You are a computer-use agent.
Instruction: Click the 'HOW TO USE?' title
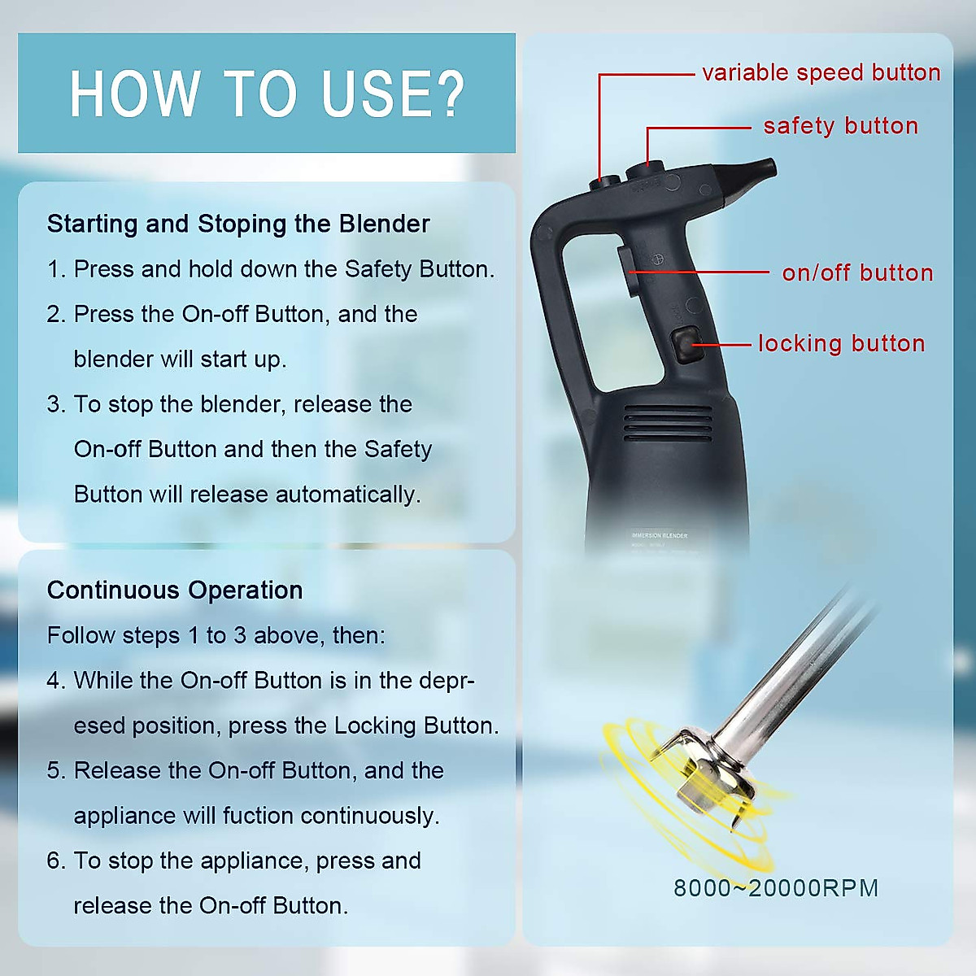click(267, 94)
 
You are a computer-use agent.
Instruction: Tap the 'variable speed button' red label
click(821, 72)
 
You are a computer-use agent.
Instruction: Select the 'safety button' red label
click(840, 126)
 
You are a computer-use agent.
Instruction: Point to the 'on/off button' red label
click(857, 272)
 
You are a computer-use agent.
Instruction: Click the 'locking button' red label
click(841, 343)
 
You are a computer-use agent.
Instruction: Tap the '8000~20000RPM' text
click(776, 887)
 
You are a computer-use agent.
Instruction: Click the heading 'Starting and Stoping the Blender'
click(238, 224)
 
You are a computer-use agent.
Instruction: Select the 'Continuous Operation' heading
click(175, 590)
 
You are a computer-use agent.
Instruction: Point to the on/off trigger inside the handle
click(627, 272)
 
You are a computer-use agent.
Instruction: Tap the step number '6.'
click(56, 861)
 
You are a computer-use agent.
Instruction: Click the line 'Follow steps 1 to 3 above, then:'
click(216, 635)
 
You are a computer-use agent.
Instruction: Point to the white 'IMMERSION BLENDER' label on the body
click(660, 535)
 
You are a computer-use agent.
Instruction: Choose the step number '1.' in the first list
click(55, 269)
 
